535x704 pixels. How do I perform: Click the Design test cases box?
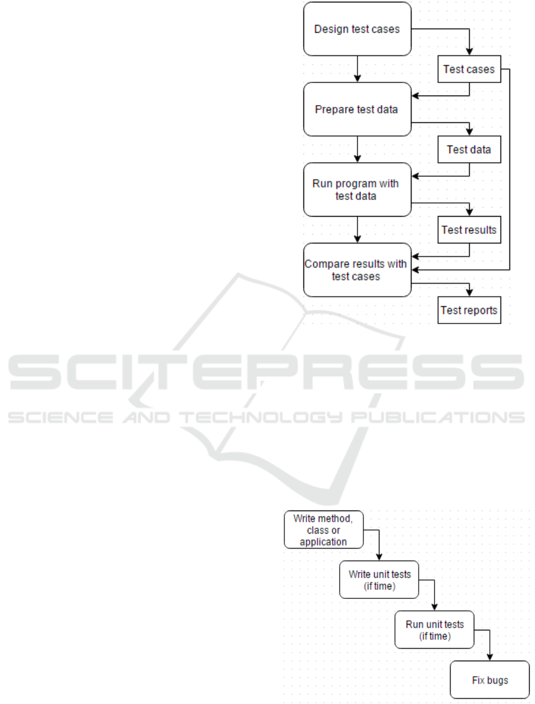[357, 28]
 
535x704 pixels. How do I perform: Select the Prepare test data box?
[357, 109]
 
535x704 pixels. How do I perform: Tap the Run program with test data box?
[357, 189]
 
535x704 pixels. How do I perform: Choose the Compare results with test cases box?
[357, 270]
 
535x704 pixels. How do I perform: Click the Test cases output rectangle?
[469, 69]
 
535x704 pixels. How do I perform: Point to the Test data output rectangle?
[469, 150]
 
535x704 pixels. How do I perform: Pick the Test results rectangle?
[469, 230]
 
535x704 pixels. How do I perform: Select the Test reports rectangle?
[469, 310]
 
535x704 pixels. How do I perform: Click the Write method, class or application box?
[324, 530]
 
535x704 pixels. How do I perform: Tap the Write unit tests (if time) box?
[379, 579]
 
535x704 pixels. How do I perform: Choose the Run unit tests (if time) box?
[435, 630]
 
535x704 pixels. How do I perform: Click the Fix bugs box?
[490, 680]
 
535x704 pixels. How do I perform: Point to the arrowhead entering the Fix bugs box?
[490, 657]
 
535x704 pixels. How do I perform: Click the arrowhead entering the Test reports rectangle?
[470, 293]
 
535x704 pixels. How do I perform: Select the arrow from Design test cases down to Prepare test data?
[357, 69]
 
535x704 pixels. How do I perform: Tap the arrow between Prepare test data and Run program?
[357, 150]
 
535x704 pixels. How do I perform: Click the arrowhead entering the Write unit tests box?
[379, 557]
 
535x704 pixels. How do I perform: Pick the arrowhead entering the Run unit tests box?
[435, 607]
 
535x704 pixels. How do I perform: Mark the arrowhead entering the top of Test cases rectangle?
[470, 52]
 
